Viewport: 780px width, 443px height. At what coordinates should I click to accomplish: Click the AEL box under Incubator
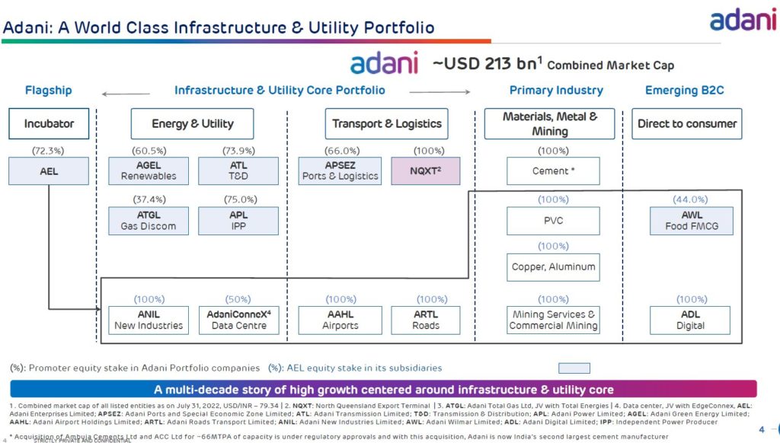(x=49, y=171)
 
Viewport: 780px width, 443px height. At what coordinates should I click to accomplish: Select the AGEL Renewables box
(x=149, y=171)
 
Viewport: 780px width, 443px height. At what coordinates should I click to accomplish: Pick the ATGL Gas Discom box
(x=149, y=221)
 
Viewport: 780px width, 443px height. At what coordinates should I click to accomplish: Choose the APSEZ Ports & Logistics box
(x=340, y=171)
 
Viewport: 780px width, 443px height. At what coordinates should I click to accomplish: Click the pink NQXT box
(x=426, y=171)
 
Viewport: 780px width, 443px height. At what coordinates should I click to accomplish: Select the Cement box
(x=553, y=171)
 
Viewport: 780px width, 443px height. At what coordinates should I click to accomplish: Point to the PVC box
(x=553, y=221)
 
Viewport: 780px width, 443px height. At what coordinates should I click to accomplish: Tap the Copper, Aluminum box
(x=553, y=267)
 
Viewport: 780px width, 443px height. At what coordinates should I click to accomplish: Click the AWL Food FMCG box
(x=691, y=221)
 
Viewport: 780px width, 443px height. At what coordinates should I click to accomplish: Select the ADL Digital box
(x=691, y=320)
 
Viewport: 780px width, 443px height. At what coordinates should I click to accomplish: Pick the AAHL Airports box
(x=340, y=320)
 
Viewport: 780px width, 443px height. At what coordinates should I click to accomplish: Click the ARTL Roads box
(x=426, y=320)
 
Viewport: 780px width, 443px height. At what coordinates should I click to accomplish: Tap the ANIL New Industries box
(x=149, y=320)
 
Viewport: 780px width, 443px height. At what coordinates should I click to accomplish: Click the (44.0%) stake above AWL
(x=691, y=199)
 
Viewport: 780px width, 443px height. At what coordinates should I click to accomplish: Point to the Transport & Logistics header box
(x=387, y=124)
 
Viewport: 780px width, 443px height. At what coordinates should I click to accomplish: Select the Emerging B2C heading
(x=684, y=91)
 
